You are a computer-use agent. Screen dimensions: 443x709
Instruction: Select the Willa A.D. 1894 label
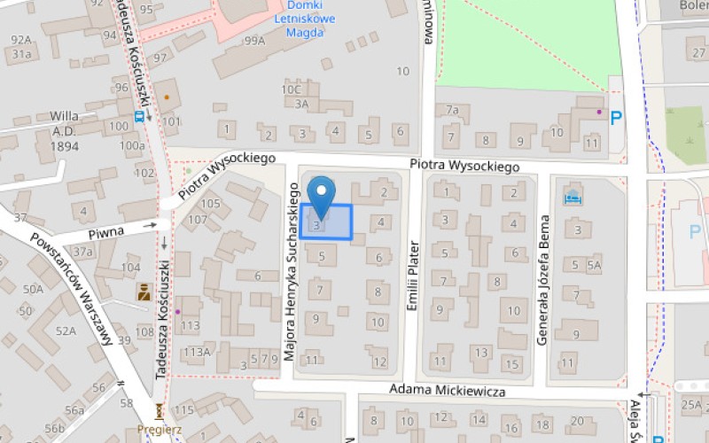click(64, 130)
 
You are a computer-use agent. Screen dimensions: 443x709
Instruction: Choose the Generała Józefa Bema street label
click(544, 279)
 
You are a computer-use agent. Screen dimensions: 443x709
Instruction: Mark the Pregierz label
click(160, 429)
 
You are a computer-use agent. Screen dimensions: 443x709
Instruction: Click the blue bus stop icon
click(139, 114)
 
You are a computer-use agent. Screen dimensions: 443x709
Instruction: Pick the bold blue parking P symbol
click(616, 117)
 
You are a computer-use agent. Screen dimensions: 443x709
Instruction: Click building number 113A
click(197, 352)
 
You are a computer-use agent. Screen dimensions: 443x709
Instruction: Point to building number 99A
click(255, 41)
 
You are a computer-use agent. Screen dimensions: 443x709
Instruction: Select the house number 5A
click(594, 264)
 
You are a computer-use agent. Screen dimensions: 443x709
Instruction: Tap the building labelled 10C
click(292, 89)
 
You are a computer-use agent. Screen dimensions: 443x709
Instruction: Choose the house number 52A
click(66, 330)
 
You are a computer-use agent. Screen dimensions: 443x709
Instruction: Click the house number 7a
click(452, 110)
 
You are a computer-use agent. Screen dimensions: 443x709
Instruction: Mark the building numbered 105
click(210, 204)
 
